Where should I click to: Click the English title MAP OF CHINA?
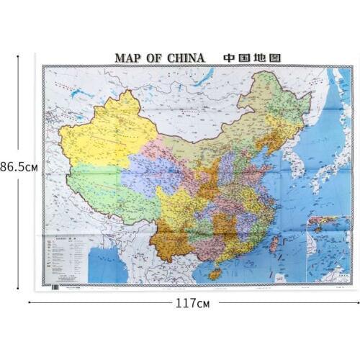click(160, 58)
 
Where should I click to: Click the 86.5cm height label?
click(19, 166)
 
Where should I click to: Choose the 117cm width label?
click(192, 303)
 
